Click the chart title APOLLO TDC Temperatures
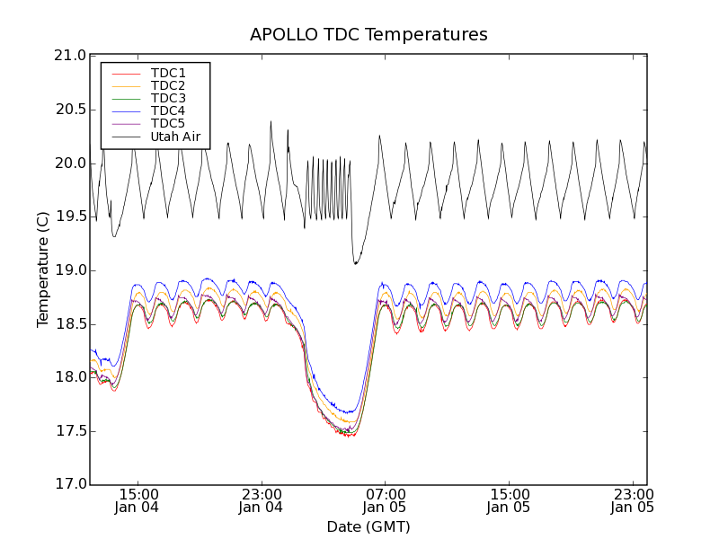(368, 35)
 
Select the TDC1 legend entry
(168, 73)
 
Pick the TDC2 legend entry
(168, 85)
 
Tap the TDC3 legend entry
(168, 98)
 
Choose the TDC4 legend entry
(168, 110)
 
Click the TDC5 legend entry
(168, 123)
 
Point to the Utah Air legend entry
(174, 137)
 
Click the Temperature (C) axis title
(43, 269)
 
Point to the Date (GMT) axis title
(368, 526)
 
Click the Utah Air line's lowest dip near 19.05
(356, 263)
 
